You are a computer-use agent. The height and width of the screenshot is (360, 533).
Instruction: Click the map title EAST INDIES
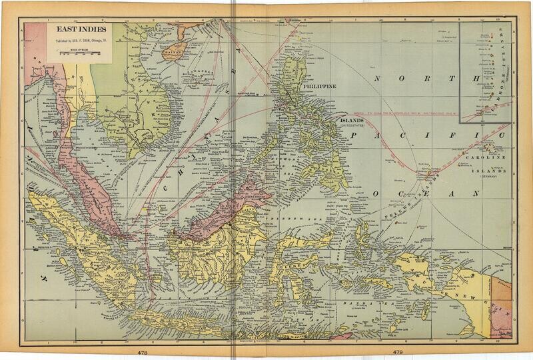click(74, 30)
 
